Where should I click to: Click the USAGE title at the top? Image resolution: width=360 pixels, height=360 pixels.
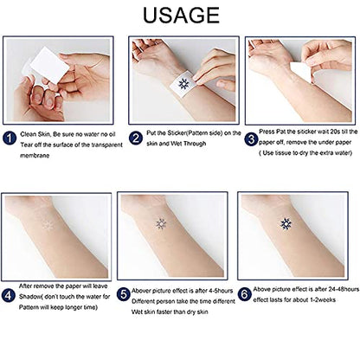(x=179, y=15)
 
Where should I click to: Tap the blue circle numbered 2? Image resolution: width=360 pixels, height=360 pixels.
(x=136, y=136)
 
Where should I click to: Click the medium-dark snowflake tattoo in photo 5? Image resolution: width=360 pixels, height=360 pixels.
(x=160, y=226)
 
